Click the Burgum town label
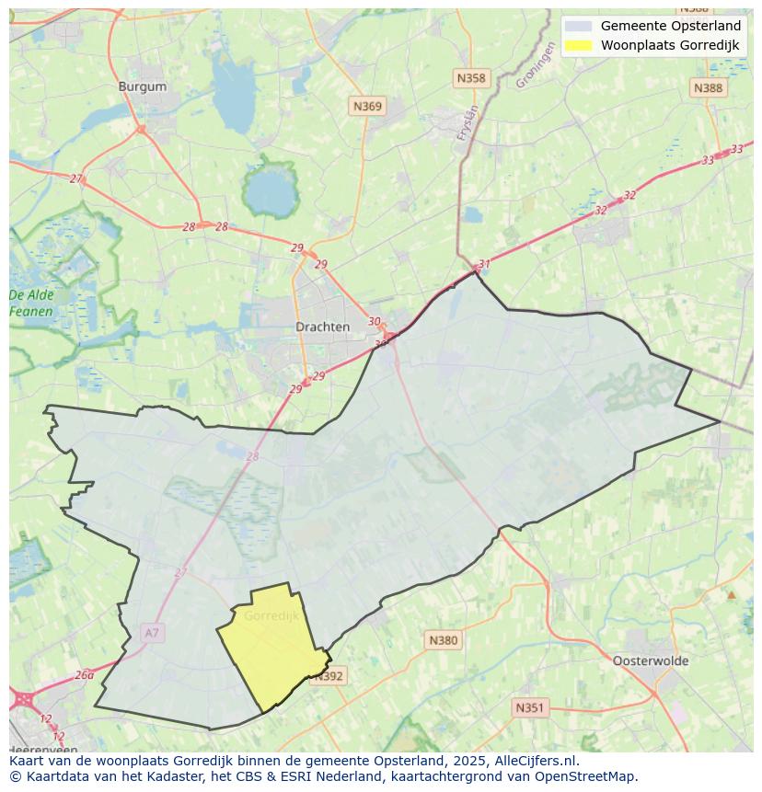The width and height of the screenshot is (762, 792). coord(143,86)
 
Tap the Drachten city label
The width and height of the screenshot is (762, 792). coord(322,327)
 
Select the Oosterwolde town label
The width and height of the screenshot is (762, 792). coord(650,660)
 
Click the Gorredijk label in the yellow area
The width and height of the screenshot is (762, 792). coord(271,615)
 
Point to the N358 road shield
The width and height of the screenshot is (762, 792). coord(470,78)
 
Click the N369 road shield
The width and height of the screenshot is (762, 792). coord(367,107)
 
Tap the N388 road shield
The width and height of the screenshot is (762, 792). coord(708,87)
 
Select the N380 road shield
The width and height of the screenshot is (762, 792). coord(443,640)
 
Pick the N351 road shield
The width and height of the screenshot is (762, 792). coord(529,707)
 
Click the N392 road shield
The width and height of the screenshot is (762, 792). coord(328,676)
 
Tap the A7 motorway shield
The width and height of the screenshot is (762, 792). coord(152,633)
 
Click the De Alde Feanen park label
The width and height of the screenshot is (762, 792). coord(31,303)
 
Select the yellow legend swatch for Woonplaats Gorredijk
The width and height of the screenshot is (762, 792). coord(579,45)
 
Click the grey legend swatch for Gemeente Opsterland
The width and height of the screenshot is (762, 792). coord(579,26)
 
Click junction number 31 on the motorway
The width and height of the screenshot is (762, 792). coord(484,264)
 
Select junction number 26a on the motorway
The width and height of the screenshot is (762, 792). coord(84,674)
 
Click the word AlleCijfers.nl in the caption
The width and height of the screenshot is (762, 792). coord(535,761)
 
